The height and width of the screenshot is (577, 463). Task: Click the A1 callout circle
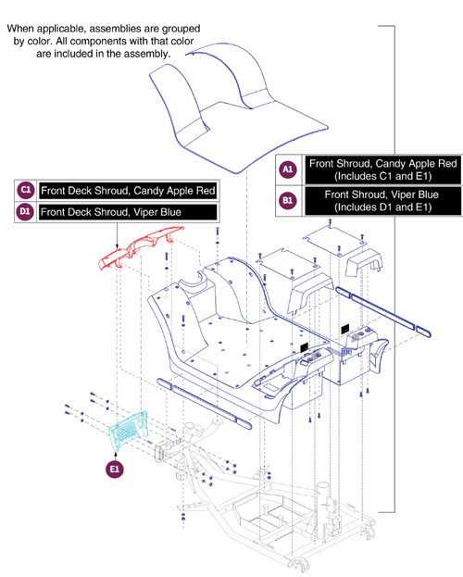point(287,169)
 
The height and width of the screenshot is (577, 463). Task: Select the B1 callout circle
point(287,201)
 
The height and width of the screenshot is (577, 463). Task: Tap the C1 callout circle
point(27,191)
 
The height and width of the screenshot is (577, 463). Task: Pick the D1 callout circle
point(27,212)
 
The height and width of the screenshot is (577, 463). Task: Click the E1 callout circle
point(113,469)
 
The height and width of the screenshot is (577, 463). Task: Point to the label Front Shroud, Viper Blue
point(382,194)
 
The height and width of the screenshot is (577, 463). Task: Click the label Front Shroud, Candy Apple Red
point(382,163)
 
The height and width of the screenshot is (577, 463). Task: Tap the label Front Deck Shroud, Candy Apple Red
point(128,191)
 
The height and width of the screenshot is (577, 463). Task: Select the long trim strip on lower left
point(204,404)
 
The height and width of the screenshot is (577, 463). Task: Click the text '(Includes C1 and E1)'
point(382,176)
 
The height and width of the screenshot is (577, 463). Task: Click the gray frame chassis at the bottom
point(278,519)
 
